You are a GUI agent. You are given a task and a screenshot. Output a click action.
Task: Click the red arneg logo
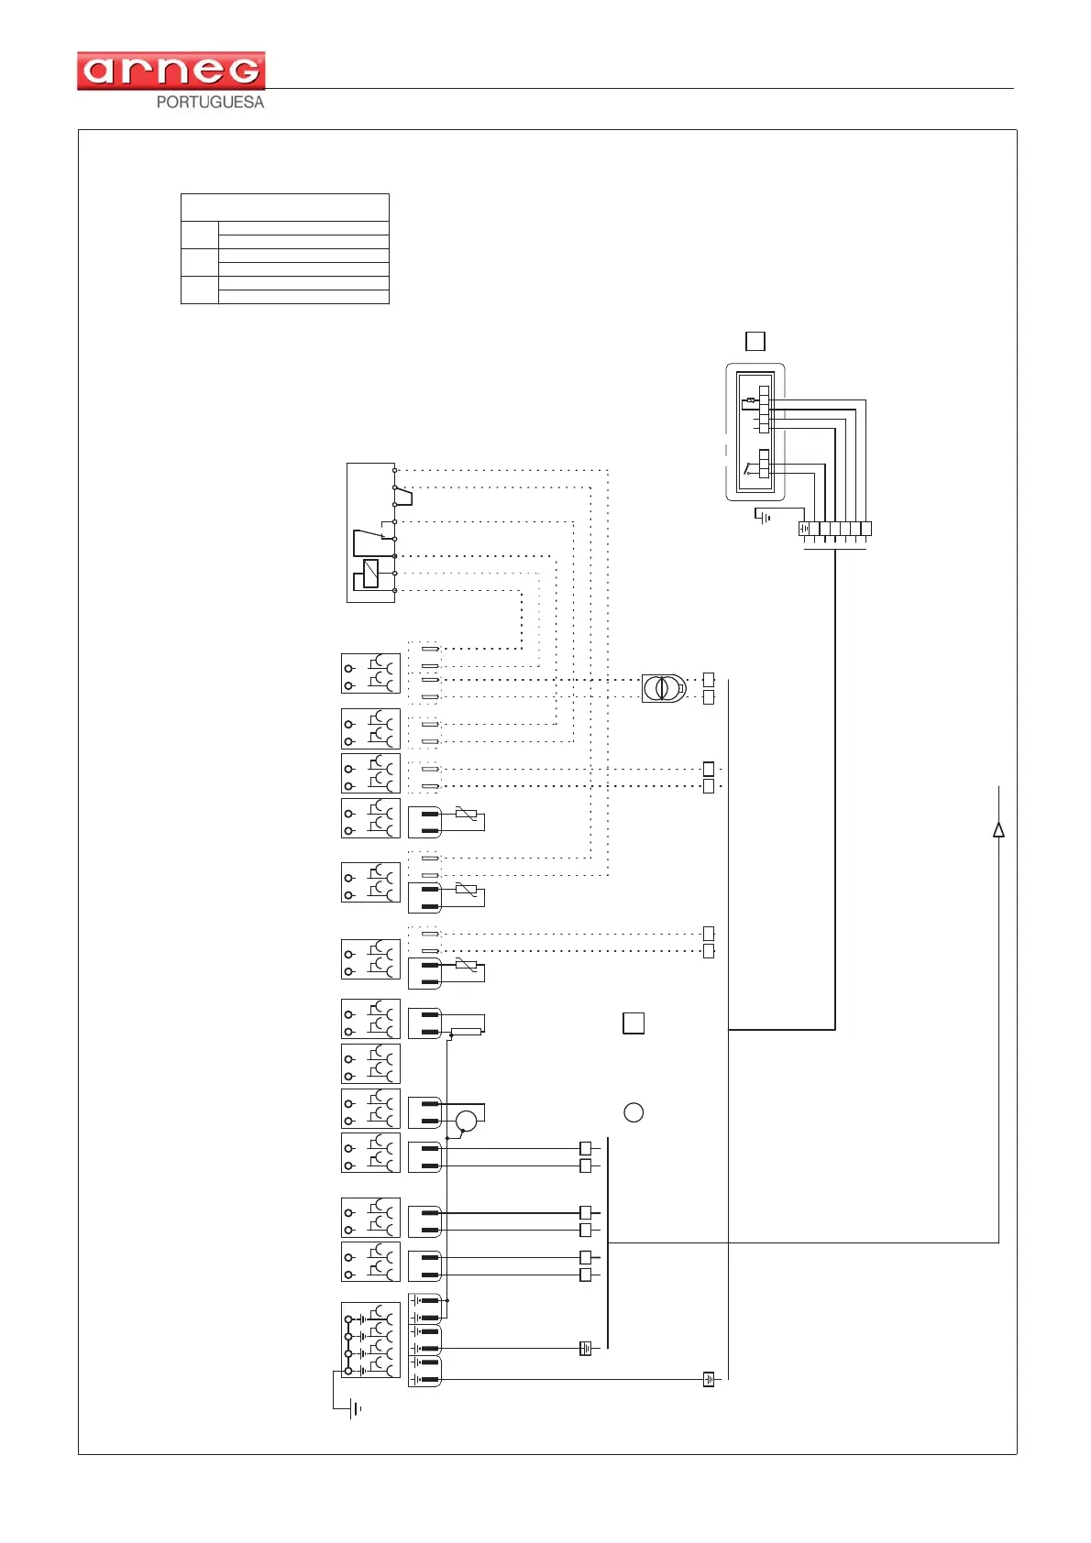coord(171,71)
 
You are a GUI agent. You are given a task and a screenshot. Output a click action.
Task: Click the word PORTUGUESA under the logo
coord(210,103)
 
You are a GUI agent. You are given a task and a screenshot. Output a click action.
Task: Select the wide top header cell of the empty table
coord(284,207)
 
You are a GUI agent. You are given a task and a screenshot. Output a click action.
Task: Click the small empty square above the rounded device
coord(755,341)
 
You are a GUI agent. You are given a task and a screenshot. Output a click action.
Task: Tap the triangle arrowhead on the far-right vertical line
coord(998,830)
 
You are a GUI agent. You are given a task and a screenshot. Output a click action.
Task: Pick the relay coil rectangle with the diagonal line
coord(370,573)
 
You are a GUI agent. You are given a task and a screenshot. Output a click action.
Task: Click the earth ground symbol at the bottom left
coord(355,1408)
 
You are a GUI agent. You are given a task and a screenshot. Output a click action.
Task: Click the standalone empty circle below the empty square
coord(634,1112)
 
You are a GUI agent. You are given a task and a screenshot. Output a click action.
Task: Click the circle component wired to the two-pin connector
coord(467,1120)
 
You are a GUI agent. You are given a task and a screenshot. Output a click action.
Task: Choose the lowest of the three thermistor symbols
coord(467,966)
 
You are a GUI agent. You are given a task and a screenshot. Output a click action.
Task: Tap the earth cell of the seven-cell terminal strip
coord(804,529)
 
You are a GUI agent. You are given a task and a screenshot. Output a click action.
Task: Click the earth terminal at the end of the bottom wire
coord(709,1379)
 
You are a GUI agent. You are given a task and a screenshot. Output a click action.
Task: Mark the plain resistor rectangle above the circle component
coord(467,1032)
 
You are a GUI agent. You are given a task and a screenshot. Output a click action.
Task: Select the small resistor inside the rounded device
coord(752,400)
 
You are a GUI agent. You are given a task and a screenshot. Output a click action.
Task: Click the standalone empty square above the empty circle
coord(634,1023)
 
